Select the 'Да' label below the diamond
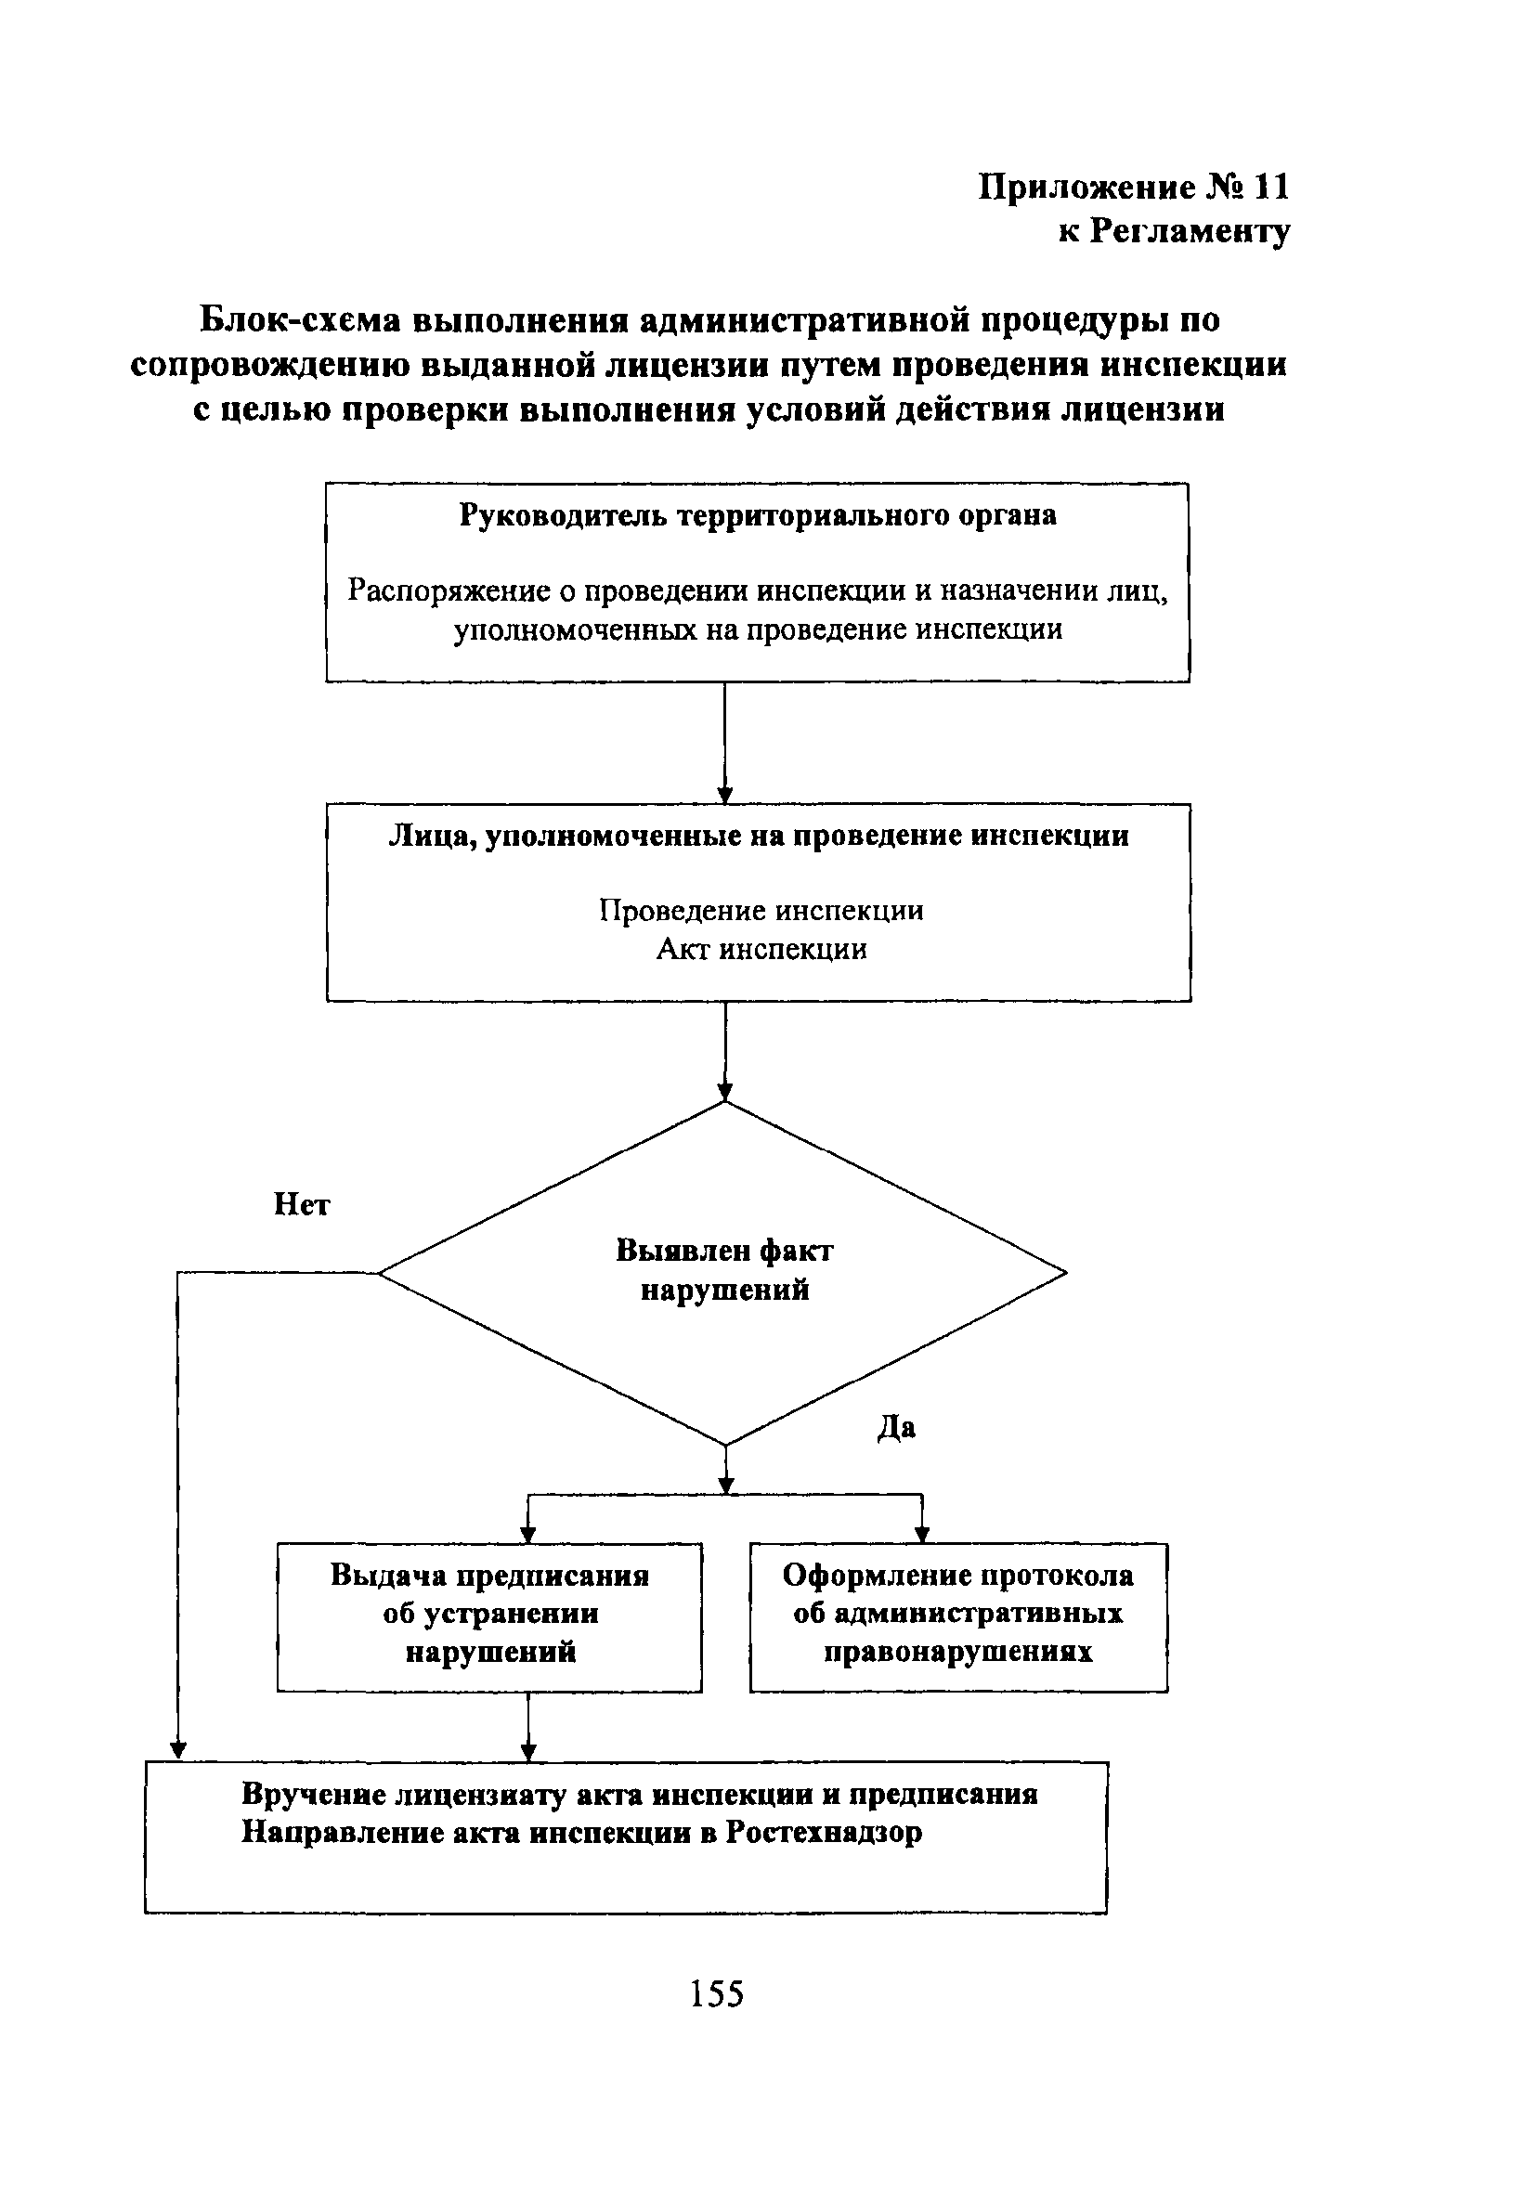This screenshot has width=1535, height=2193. click(x=896, y=1428)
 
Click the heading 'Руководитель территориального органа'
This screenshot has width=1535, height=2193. click(x=758, y=516)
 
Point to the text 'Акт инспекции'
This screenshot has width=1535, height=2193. click(x=761, y=950)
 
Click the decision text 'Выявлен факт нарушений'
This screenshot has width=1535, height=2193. click(x=724, y=1270)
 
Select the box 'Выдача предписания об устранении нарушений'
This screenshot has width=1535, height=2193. click(x=489, y=1614)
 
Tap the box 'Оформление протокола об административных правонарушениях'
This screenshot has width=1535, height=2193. click(x=958, y=1614)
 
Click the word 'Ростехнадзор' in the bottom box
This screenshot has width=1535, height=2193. click(x=824, y=1833)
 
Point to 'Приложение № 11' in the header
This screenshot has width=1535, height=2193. click(x=1134, y=188)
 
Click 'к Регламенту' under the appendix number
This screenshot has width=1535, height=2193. click(x=1174, y=231)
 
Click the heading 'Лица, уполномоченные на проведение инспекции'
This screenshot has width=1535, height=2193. click(x=759, y=836)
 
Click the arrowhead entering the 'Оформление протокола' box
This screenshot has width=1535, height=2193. click(x=922, y=1535)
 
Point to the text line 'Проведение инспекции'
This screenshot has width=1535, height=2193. click(x=761, y=910)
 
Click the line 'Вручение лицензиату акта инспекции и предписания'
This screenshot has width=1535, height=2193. click(x=639, y=1794)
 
